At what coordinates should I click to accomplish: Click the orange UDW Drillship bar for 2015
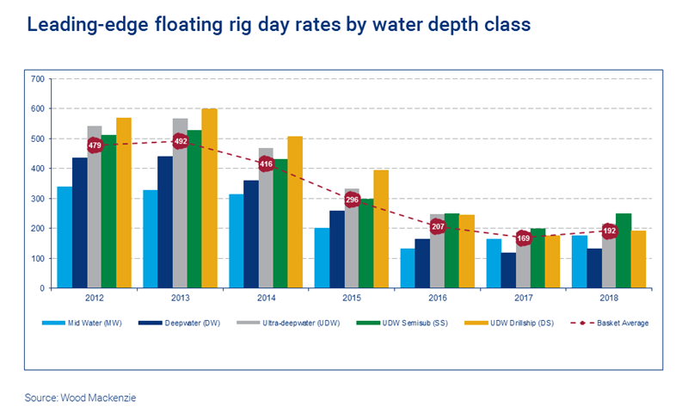[x=381, y=229]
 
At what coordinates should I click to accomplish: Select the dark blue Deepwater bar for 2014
[x=251, y=234]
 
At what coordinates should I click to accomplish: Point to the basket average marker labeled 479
[x=95, y=145]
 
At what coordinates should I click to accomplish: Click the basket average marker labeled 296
[x=352, y=200]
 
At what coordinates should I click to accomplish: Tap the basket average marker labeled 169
[x=523, y=237]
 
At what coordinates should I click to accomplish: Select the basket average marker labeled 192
[x=609, y=231]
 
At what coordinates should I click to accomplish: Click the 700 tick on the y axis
[x=37, y=79]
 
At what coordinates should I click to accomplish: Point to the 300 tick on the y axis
[x=37, y=199]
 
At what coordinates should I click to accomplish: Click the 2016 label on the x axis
[x=437, y=298]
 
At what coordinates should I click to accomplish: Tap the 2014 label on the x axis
[x=266, y=298]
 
